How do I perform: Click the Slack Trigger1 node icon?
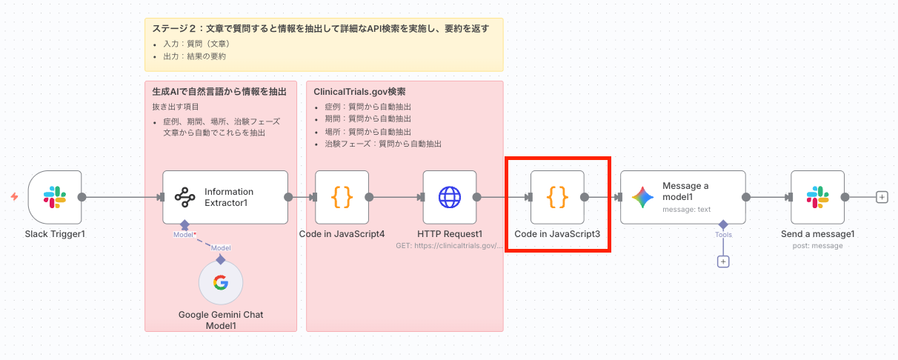[x=55, y=197]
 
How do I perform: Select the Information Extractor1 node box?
[x=225, y=197]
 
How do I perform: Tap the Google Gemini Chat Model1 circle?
[x=220, y=282]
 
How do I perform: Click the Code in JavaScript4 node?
[x=342, y=197]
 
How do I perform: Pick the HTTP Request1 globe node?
[x=450, y=197]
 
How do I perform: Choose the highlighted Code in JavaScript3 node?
[x=557, y=197]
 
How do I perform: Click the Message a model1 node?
[x=682, y=197]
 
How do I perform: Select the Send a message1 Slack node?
[x=817, y=197]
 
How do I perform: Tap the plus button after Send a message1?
[x=882, y=197]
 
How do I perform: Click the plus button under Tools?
[x=723, y=261]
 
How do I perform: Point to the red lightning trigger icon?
[x=14, y=197]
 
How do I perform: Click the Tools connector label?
[x=723, y=235]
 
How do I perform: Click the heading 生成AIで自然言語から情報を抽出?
[x=214, y=92]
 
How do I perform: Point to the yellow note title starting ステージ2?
[x=320, y=29]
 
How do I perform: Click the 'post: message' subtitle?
[x=817, y=245]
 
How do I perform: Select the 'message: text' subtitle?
[x=686, y=209]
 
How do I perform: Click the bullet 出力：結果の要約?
[x=195, y=56]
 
